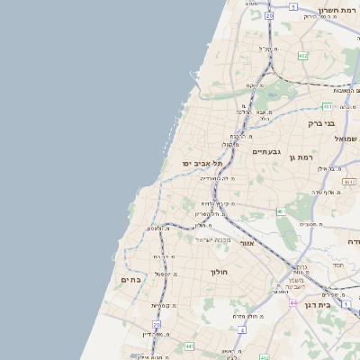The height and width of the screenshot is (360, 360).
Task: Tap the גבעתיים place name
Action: (267, 151)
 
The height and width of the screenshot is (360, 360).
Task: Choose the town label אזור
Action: (248, 242)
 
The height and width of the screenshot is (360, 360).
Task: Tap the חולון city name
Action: (220, 271)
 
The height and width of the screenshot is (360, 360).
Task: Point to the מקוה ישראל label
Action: (214, 239)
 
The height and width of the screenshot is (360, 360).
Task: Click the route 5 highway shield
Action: (292, 6)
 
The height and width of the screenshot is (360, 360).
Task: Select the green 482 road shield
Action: (303, 56)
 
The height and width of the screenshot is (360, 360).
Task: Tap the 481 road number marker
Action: (328, 105)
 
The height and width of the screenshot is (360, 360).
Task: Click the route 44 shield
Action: (294, 302)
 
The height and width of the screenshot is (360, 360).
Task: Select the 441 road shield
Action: (189, 346)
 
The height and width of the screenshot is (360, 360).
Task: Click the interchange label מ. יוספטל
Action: (162, 273)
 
